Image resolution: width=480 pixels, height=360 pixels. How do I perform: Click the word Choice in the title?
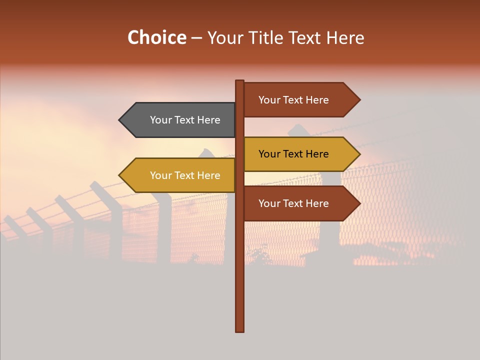click(156, 38)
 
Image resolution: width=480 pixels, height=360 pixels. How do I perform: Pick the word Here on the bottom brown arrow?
click(317, 203)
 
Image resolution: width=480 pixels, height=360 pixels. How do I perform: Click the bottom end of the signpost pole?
click(240, 330)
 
